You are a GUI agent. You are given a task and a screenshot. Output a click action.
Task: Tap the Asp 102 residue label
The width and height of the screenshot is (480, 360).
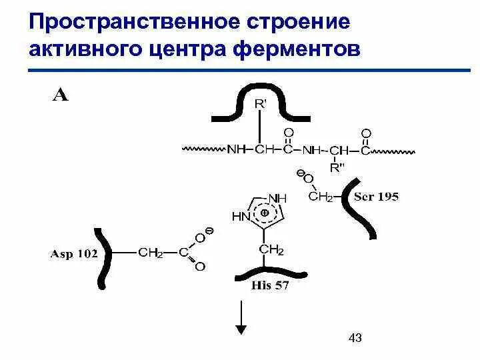pos(74,254)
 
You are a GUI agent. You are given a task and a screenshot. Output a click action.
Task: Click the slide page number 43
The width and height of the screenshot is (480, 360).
pos(355,339)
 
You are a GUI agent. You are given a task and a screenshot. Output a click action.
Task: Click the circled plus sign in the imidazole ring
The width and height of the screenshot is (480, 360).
pos(264,212)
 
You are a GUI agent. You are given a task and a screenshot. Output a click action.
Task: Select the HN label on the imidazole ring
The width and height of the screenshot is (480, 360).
pos(240,216)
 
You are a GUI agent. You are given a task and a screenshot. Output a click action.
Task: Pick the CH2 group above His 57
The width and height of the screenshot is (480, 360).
pos(271,249)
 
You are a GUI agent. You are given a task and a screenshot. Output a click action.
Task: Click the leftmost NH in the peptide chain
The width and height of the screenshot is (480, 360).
pos(236,149)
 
